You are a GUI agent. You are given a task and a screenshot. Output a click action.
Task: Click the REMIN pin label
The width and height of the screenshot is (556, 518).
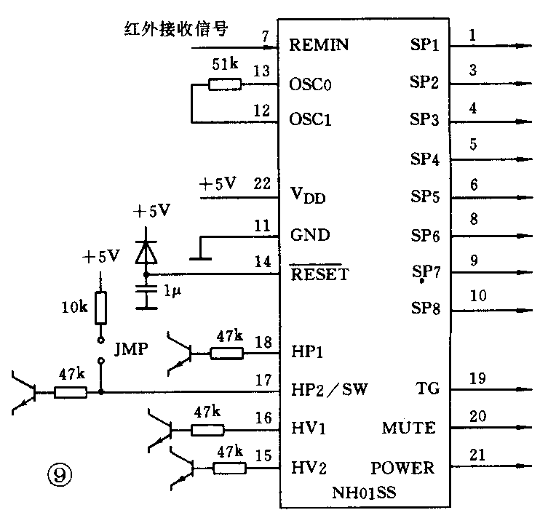pos(319,45)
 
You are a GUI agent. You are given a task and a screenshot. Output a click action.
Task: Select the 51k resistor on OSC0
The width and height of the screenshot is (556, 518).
pos(224,84)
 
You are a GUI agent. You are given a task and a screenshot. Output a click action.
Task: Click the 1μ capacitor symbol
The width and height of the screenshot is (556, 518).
pos(146,290)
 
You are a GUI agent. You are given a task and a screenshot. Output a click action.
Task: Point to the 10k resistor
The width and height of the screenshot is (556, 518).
pos(101,308)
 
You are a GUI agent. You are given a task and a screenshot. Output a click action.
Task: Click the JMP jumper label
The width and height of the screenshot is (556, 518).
pos(131,348)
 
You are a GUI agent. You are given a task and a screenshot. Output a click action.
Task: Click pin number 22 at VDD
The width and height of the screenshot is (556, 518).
pos(262,184)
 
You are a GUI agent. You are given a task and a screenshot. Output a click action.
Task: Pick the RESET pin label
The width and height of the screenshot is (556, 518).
pos(319,274)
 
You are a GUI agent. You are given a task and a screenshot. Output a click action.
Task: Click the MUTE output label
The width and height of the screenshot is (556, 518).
pos(408,428)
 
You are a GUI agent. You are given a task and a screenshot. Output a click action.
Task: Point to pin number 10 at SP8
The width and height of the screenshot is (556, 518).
pos(477,296)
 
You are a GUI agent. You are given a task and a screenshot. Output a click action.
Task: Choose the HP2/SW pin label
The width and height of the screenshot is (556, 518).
pos(328,390)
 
